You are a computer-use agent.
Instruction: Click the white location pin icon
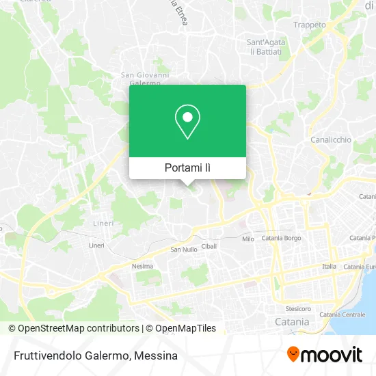click(x=187, y=121)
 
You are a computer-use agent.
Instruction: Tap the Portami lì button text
click(x=187, y=167)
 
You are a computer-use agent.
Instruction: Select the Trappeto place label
click(x=309, y=25)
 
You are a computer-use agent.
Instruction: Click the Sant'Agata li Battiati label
click(x=265, y=46)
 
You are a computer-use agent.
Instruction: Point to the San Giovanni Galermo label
click(x=145, y=79)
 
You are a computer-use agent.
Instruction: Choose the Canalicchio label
click(x=331, y=139)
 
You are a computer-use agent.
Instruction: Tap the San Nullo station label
click(x=184, y=250)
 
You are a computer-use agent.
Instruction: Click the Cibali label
click(x=210, y=246)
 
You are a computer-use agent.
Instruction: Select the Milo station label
click(x=247, y=239)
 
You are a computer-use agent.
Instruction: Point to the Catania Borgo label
click(x=281, y=239)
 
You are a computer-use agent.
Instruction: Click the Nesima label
click(x=142, y=266)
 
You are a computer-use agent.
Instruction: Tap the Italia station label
click(x=329, y=266)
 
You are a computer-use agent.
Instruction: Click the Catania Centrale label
click(x=343, y=314)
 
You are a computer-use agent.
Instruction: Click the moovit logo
click(x=324, y=354)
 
